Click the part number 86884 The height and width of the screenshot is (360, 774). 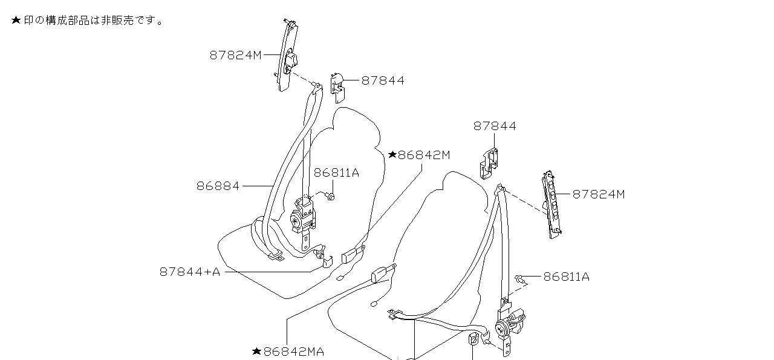[x=218, y=186]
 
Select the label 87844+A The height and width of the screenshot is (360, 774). [x=189, y=272]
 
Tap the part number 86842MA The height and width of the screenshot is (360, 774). [x=293, y=352]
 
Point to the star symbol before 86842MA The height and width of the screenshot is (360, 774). [x=256, y=351]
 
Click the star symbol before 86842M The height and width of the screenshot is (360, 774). [x=392, y=155]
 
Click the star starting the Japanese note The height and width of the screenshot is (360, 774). [x=16, y=21]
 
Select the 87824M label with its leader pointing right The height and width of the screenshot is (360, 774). [x=236, y=55]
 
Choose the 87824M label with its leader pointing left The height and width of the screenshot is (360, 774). [x=598, y=194]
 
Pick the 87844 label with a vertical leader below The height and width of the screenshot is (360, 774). [x=495, y=126]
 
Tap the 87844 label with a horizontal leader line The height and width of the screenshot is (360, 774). [x=383, y=80]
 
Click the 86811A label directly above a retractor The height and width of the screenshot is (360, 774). [x=336, y=173]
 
